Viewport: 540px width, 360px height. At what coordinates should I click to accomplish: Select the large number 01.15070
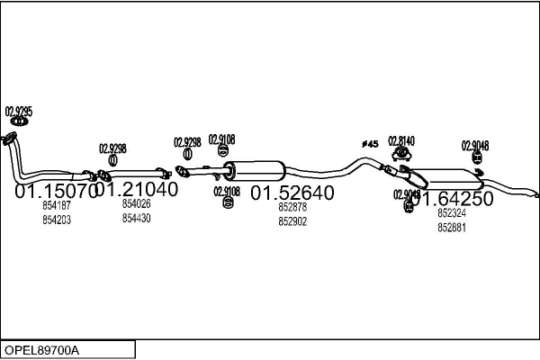[55, 192]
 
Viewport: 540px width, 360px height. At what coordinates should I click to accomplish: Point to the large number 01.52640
[292, 193]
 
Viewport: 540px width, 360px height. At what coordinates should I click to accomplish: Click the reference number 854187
[56, 205]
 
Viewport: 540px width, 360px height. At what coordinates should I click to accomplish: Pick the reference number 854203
[56, 220]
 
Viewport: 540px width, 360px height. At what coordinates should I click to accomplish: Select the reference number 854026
[136, 203]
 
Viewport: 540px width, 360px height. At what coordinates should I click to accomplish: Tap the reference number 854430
[136, 218]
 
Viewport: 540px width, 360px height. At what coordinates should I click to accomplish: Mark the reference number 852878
[292, 207]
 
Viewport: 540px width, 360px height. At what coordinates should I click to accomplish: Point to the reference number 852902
[292, 221]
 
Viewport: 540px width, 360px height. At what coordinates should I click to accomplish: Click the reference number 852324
[452, 213]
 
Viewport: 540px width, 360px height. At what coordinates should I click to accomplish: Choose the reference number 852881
[452, 228]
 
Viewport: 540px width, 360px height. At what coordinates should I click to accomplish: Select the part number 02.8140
[401, 140]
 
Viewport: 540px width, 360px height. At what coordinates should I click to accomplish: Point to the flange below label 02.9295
[12, 138]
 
